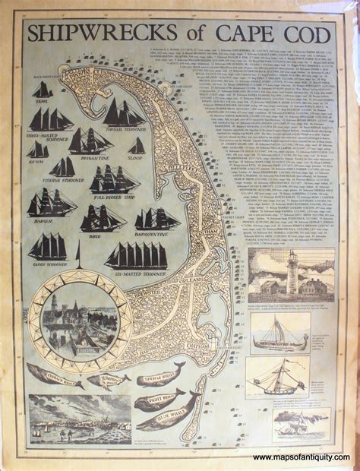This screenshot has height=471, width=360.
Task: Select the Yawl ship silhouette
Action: (43, 90)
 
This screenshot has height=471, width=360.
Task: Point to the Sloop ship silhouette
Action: (137, 146)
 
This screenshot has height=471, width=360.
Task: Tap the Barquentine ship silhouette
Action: (156, 220)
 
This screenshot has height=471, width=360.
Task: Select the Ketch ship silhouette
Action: (38, 150)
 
